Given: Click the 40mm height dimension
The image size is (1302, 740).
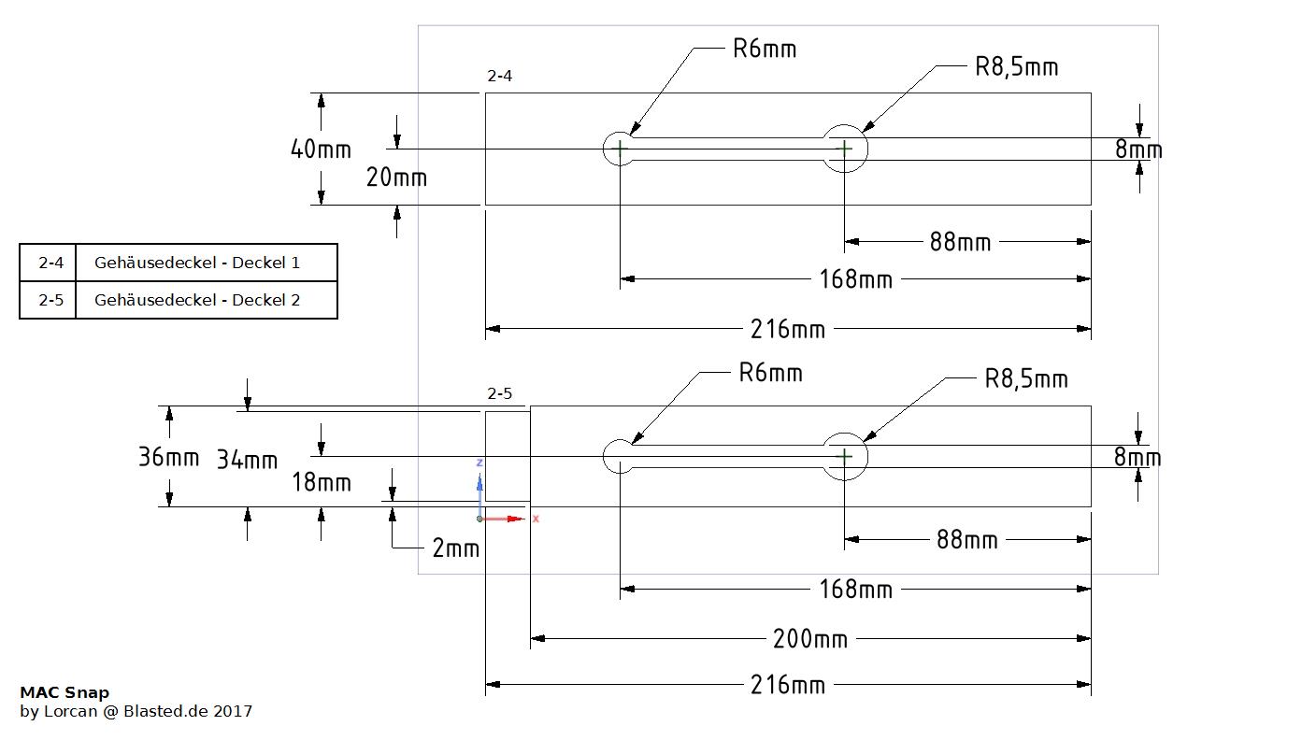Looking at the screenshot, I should tap(321, 149).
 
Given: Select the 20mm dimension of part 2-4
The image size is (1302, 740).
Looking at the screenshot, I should tap(396, 177).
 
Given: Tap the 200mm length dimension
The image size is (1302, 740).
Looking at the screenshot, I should tap(809, 639).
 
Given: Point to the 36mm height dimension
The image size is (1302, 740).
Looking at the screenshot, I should tap(168, 458).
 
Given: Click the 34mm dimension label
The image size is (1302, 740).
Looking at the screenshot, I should tap(247, 460).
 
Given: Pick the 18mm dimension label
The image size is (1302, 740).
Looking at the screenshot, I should tap(322, 482).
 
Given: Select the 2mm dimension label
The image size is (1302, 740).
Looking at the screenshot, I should tap(455, 548).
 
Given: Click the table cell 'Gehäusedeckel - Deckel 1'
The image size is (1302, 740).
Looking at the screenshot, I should tap(197, 263).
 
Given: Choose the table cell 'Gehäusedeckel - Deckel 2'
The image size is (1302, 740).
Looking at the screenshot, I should tap(197, 300).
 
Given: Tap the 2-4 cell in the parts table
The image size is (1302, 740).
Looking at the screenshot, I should tap(50, 263).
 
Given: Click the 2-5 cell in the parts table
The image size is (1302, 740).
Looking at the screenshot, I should tap(50, 300).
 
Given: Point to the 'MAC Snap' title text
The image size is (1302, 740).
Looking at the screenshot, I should tap(64, 692).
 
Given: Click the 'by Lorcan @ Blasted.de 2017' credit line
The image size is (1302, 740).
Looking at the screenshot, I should tap(136, 711).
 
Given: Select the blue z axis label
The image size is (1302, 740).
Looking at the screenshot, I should tap(479, 462).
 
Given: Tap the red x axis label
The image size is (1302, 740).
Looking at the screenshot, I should tap(536, 519).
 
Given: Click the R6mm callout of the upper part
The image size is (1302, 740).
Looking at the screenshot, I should tap(765, 49).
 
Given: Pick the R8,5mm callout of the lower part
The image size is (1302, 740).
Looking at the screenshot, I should tap(1026, 378).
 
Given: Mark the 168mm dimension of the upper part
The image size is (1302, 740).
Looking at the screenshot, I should tap(855, 278).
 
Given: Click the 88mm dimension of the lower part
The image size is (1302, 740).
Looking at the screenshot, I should tap(966, 540).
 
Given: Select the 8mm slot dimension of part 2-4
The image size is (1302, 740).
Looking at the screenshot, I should tap(1138, 150).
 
